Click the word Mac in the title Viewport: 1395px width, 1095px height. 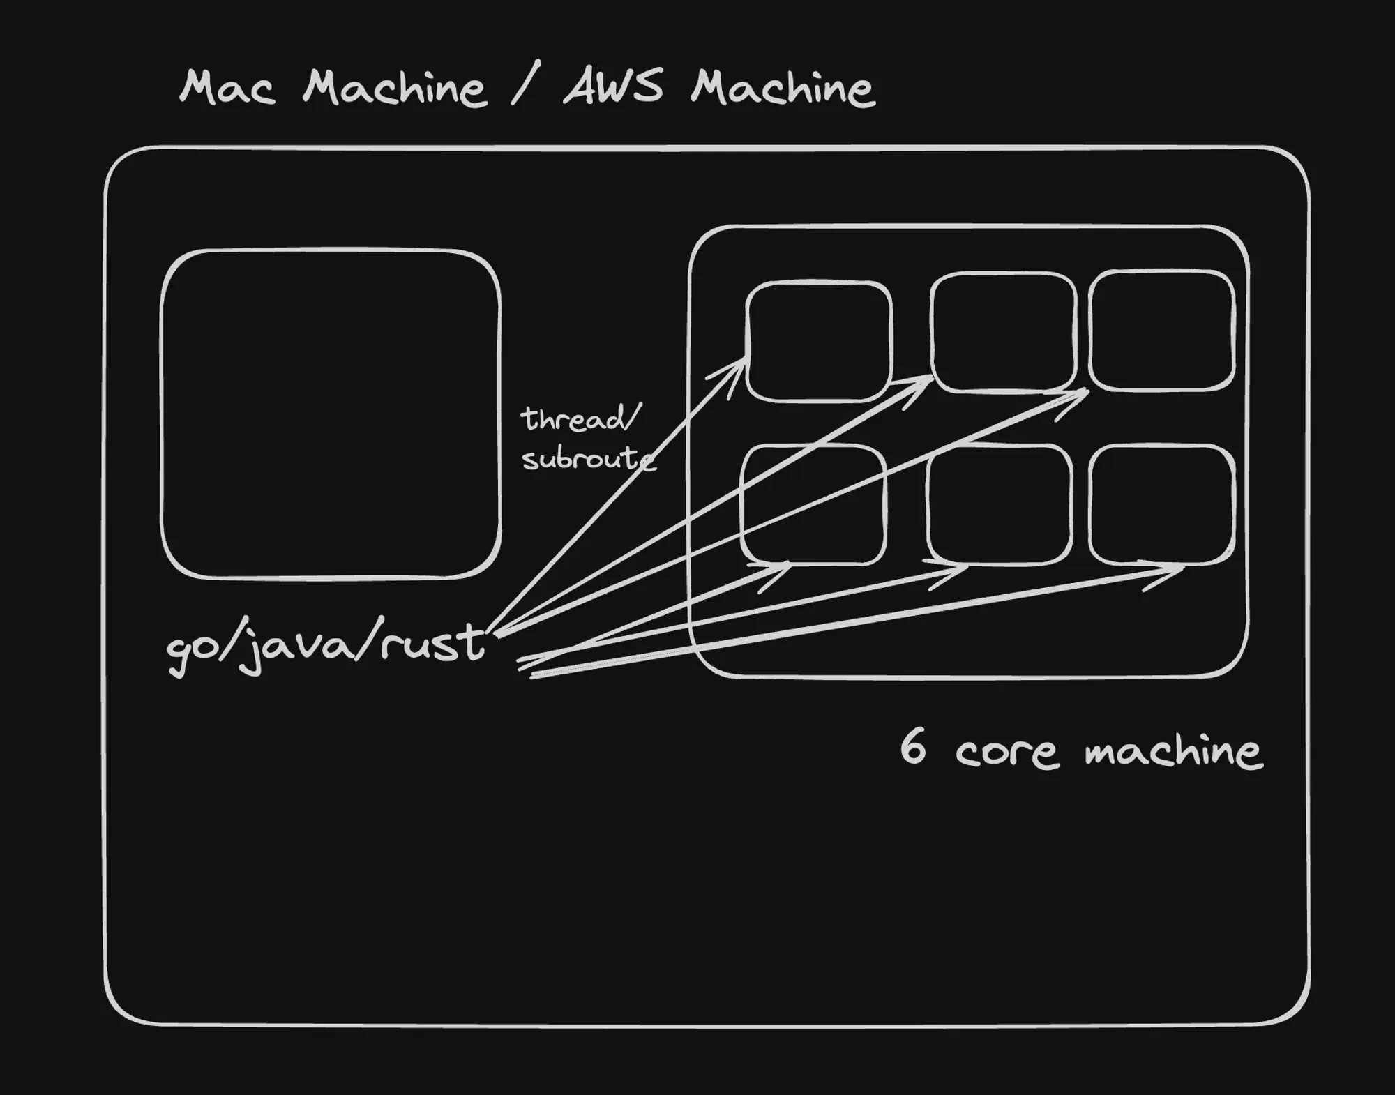[x=227, y=89]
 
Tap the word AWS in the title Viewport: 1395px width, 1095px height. [x=612, y=88]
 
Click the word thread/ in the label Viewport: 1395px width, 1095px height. [x=580, y=419]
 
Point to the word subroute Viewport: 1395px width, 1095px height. [x=588, y=459]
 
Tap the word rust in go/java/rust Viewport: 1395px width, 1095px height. [x=432, y=643]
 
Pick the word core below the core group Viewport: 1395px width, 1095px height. [x=1006, y=753]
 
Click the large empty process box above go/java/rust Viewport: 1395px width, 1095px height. [x=331, y=414]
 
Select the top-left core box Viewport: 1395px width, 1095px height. [x=818, y=342]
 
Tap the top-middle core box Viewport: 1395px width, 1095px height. [x=1003, y=332]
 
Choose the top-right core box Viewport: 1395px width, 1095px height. [x=1161, y=330]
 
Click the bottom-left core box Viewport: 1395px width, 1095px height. [x=813, y=504]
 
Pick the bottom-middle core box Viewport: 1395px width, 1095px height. [x=1000, y=504]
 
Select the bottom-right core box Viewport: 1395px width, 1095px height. [x=1161, y=504]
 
